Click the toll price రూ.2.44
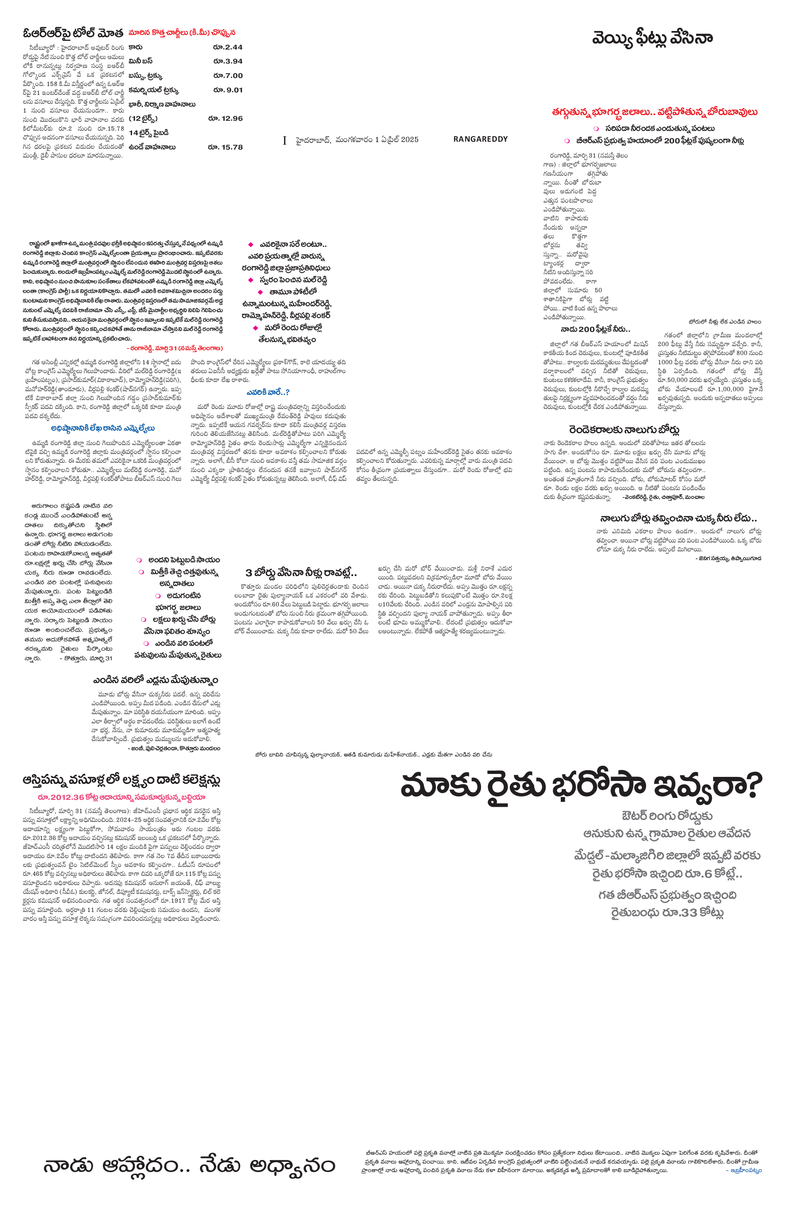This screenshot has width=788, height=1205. [x=228, y=47]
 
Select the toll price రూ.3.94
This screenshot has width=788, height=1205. [x=228, y=61]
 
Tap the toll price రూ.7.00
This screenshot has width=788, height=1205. [x=228, y=75]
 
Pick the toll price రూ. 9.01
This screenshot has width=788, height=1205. [x=228, y=90]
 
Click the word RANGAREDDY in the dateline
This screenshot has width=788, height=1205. [x=480, y=139]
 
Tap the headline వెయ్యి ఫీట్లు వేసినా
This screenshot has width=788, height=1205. [x=652, y=38]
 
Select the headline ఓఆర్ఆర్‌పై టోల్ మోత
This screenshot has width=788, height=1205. [x=73, y=34]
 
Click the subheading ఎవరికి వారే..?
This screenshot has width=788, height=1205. [x=268, y=392]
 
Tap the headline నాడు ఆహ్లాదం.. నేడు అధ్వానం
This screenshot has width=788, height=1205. [x=189, y=1166]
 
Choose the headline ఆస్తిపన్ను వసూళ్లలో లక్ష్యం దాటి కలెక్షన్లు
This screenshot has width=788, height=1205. [x=121, y=780]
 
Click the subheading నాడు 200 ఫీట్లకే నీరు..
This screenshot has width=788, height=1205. [x=595, y=330]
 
